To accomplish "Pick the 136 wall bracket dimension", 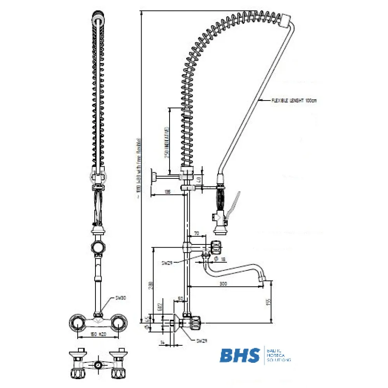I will coord(168,192).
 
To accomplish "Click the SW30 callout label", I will coord(120,298).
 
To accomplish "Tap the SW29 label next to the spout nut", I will coord(167,263).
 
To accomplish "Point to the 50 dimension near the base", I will coord(180,298).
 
